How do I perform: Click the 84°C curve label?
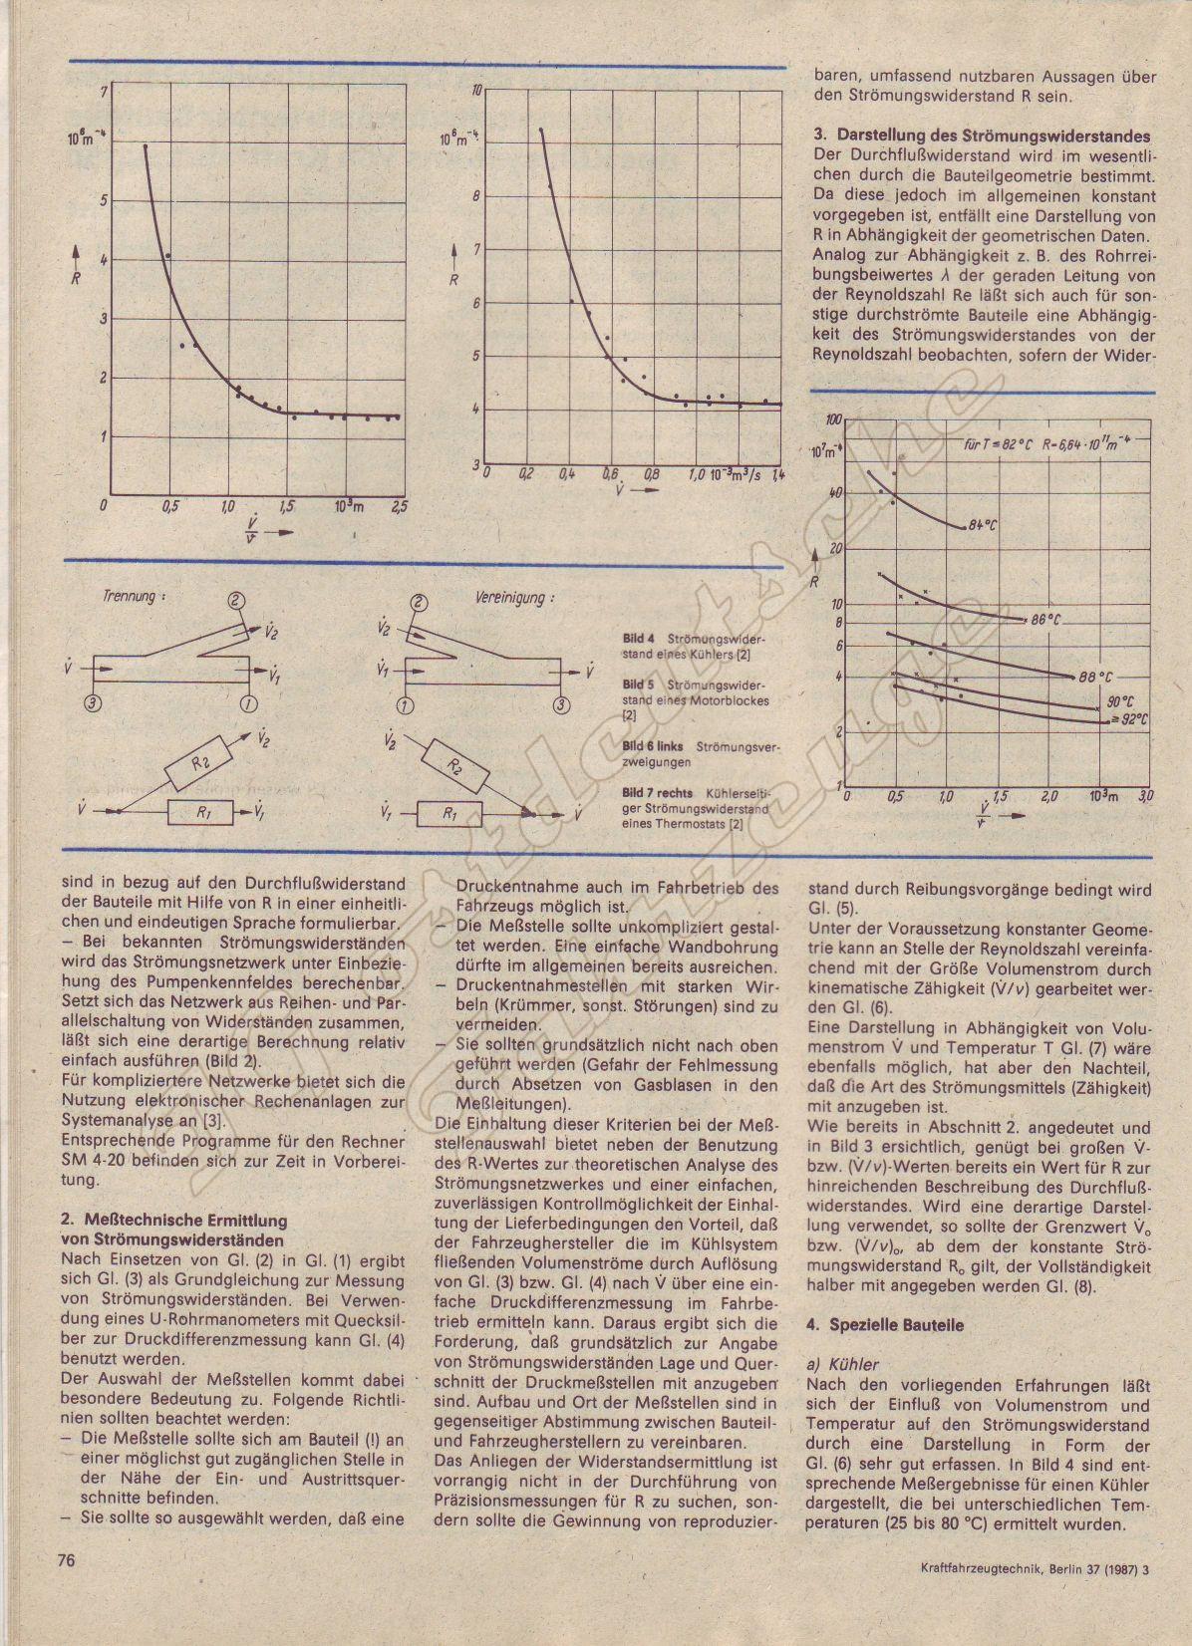point(982,525)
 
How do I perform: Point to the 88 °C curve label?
point(1095,677)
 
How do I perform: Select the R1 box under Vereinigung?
point(447,814)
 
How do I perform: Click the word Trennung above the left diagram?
point(130,597)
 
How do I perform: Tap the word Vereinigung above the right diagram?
point(509,599)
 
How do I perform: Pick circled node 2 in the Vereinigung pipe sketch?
point(419,602)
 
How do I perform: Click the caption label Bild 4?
point(639,638)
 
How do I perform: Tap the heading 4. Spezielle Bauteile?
point(871,1325)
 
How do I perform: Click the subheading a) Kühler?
point(843,1364)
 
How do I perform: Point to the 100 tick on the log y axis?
point(834,420)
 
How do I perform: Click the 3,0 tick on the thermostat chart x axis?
point(1146,796)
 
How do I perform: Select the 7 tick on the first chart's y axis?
point(103,93)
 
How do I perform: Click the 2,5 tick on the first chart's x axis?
point(399,507)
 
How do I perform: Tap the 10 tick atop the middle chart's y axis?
point(476,91)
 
